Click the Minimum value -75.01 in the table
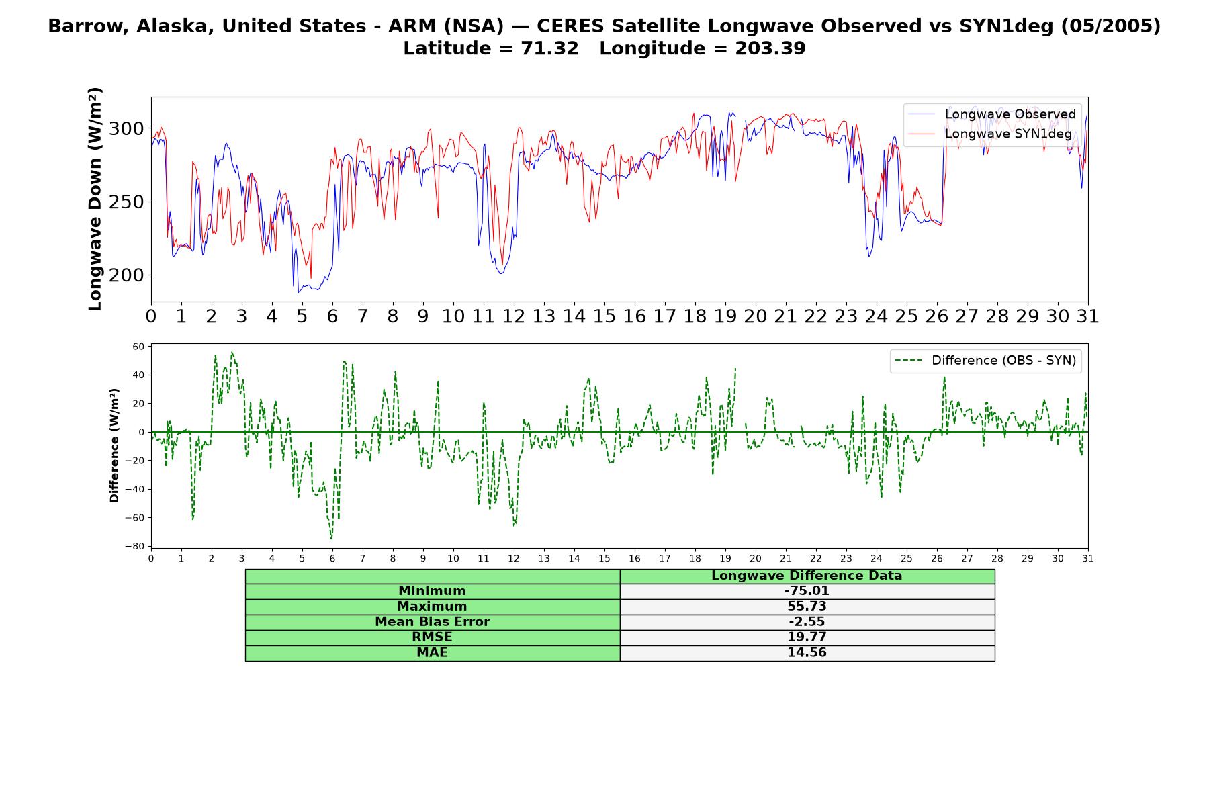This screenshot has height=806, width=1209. point(807,591)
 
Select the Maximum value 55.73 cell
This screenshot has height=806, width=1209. point(807,607)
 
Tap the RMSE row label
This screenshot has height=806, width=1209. point(432,637)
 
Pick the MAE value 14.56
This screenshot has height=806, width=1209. point(807,652)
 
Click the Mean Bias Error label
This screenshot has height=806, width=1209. point(432,622)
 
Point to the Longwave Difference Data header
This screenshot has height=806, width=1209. point(807,576)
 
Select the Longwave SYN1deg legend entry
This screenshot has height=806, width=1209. point(989,134)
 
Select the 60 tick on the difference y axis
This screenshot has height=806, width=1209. point(138,347)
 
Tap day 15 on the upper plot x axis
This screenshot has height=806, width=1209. point(604,316)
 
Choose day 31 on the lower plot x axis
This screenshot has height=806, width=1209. point(1088,559)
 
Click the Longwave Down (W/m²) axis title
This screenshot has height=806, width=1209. point(95,199)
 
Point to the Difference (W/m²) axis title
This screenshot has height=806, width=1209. point(114,445)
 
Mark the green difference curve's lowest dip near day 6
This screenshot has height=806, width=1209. point(331,538)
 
